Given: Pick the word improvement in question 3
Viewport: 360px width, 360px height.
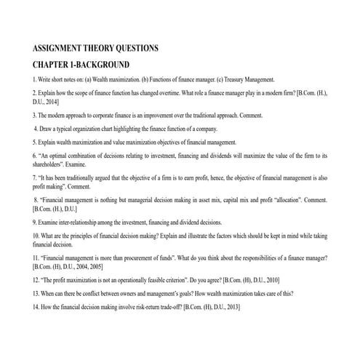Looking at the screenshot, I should [151, 116].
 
